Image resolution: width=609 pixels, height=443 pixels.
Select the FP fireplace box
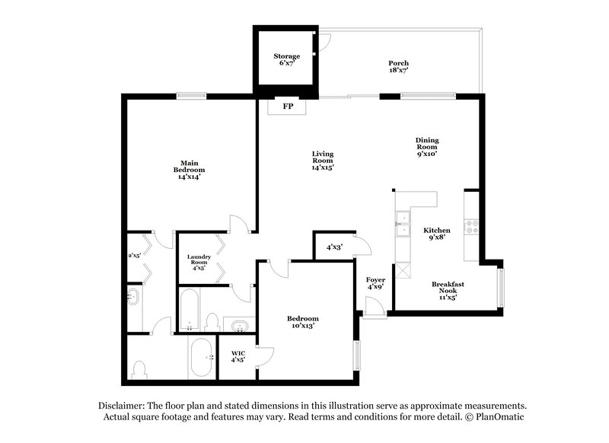click(x=288, y=107)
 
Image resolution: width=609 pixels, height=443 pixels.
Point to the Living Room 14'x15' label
click(x=323, y=160)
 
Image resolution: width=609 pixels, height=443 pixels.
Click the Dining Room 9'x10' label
click(x=427, y=145)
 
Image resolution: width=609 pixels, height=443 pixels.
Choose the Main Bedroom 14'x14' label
click(x=190, y=169)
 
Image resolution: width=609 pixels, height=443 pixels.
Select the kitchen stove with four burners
click(x=471, y=226)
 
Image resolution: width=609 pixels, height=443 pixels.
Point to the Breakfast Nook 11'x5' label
click(x=448, y=289)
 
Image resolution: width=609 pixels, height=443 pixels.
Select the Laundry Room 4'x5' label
click(x=199, y=262)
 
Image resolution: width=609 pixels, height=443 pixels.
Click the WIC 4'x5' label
click(x=238, y=355)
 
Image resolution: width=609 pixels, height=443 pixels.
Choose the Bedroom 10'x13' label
click(x=302, y=321)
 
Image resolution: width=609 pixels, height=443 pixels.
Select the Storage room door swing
click(x=324, y=42)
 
